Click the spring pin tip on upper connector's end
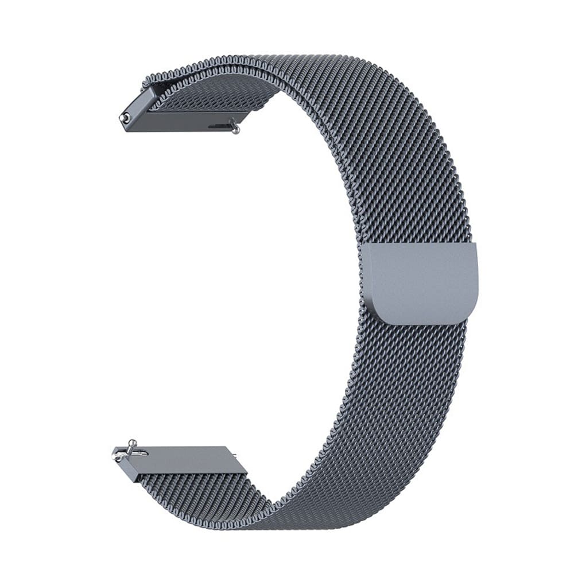pyautogui.click(x=123, y=118)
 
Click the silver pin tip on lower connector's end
pyautogui.click(x=117, y=457)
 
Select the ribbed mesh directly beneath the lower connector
pyautogui.click(x=195, y=488)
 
